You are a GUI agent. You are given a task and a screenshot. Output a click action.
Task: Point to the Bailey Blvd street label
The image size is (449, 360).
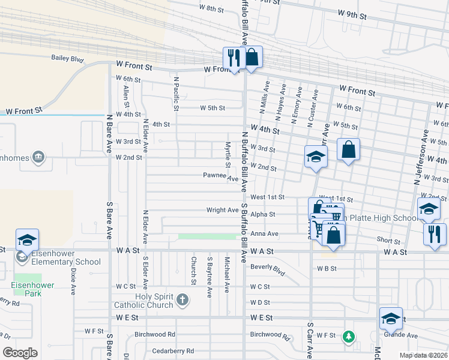click(67, 59)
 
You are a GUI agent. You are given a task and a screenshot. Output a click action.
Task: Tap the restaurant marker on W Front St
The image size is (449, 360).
click(232, 58)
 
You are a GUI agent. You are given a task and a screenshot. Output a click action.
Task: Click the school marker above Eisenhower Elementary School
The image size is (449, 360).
click(27, 240)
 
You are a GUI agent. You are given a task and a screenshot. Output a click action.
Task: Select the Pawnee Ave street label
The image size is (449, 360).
click(220, 176)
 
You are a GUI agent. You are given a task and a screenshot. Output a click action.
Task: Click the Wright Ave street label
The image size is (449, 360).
click(222, 211)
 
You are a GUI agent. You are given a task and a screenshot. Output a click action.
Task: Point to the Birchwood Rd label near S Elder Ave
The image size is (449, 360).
click(154, 334)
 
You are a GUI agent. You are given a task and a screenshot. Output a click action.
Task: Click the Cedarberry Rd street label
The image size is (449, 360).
click(173, 350)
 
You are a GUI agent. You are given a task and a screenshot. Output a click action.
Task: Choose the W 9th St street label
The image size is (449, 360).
click(352, 13)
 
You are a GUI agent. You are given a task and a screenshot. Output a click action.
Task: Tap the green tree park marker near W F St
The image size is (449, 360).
click(348, 337)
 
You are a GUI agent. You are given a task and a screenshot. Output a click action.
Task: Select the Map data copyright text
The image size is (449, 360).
click(423, 355)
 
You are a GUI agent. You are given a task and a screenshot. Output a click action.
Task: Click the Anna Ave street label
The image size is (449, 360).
click(265, 233)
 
